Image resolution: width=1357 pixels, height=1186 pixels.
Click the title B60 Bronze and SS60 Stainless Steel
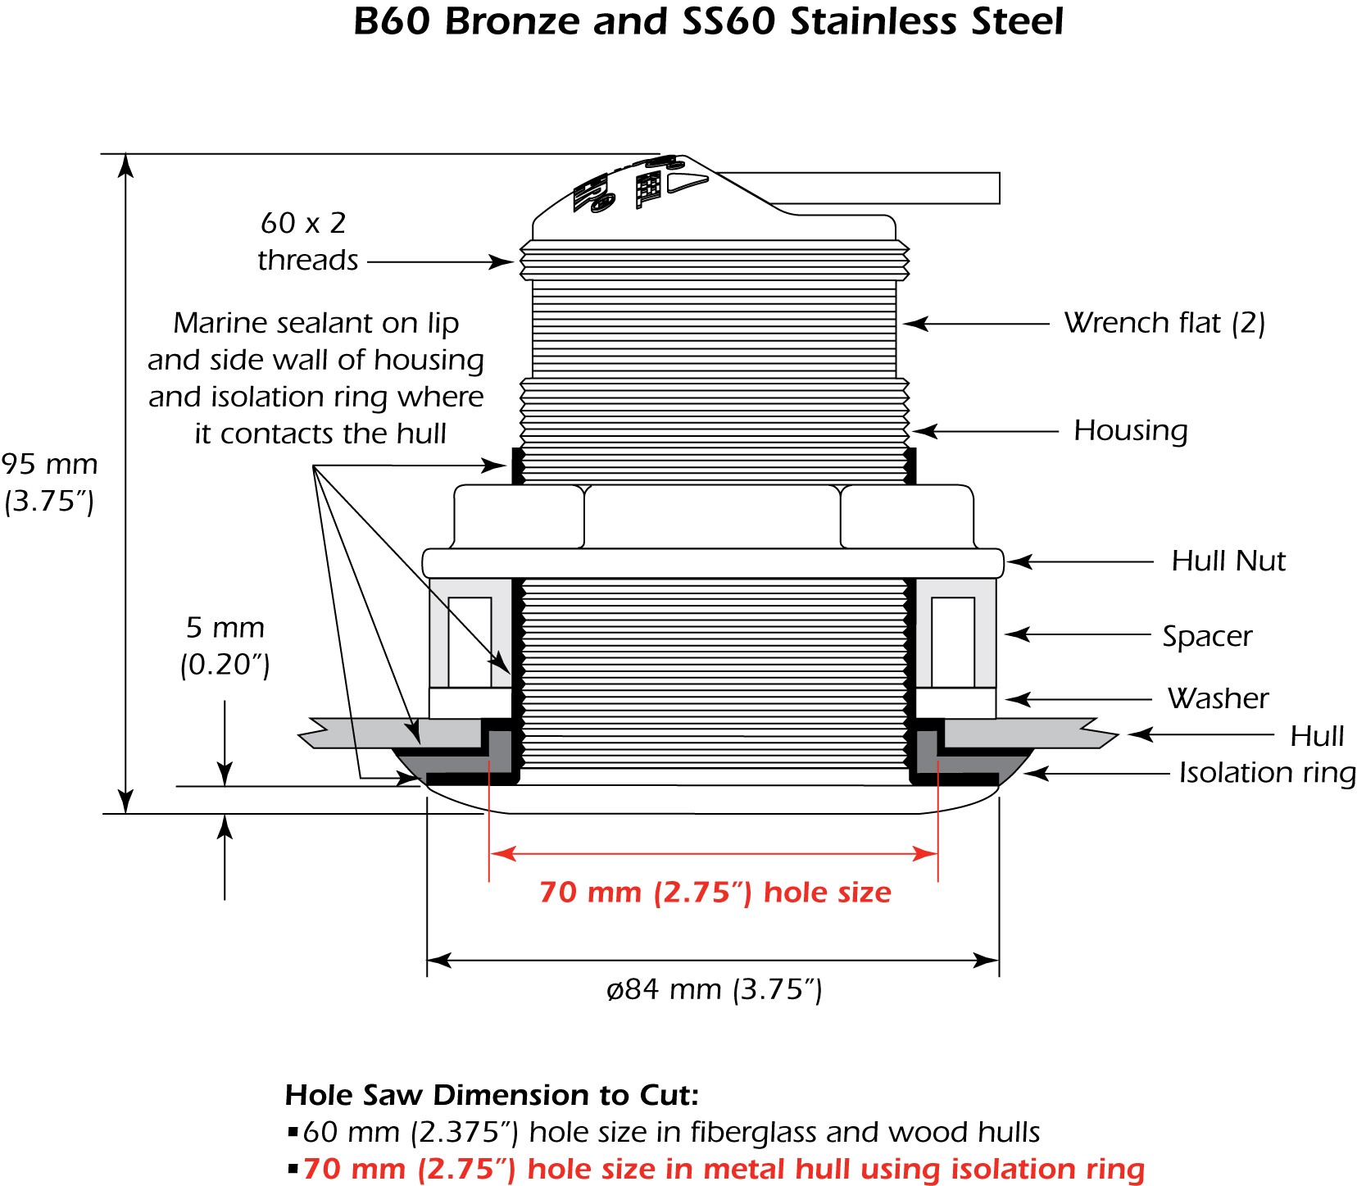click(708, 21)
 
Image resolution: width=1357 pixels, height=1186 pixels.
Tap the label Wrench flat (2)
click(1164, 323)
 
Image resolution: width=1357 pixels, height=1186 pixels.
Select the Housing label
click(1130, 431)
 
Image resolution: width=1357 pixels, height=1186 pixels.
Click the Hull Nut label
click(1228, 561)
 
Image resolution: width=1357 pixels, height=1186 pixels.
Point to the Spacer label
click(1207, 636)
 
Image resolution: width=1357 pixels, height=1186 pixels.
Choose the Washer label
click(1218, 698)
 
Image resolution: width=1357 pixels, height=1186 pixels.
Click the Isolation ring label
click(1267, 773)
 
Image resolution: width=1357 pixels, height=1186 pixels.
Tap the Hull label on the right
click(1317, 736)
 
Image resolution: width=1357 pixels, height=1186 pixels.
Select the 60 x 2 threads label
click(307, 241)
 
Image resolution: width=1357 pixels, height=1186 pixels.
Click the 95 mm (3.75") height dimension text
click(49, 483)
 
